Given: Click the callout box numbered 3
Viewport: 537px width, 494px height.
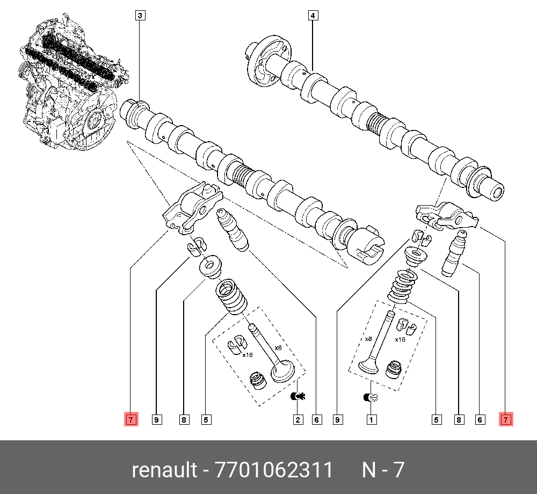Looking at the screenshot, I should pyautogui.click(x=139, y=16).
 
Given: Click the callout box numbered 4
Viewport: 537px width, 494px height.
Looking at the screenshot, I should pyautogui.click(x=313, y=16).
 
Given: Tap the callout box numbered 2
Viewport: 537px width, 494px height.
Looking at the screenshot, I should pyautogui.click(x=297, y=419).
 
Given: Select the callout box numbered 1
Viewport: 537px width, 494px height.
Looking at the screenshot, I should pyautogui.click(x=371, y=419).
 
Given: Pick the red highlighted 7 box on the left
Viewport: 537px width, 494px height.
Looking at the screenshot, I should pyautogui.click(x=131, y=419).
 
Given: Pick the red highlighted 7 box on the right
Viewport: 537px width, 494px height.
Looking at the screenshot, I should pyautogui.click(x=506, y=419).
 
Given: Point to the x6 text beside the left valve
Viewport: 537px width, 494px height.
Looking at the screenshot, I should pyautogui.click(x=278, y=347).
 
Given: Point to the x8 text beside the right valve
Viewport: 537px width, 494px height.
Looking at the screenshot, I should pyautogui.click(x=368, y=339).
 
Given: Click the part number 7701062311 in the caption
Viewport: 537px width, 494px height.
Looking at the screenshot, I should pyautogui.click(x=273, y=470).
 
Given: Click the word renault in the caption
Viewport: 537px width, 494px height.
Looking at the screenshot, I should pyautogui.click(x=164, y=470).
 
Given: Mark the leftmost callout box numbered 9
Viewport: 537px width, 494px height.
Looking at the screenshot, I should pyautogui.click(x=156, y=419).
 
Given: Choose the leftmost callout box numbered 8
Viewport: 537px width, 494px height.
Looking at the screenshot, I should pyautogui.click(x=184, y=419).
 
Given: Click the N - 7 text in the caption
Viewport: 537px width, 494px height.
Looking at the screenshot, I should pyautogui.click(x=382, y=470).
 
